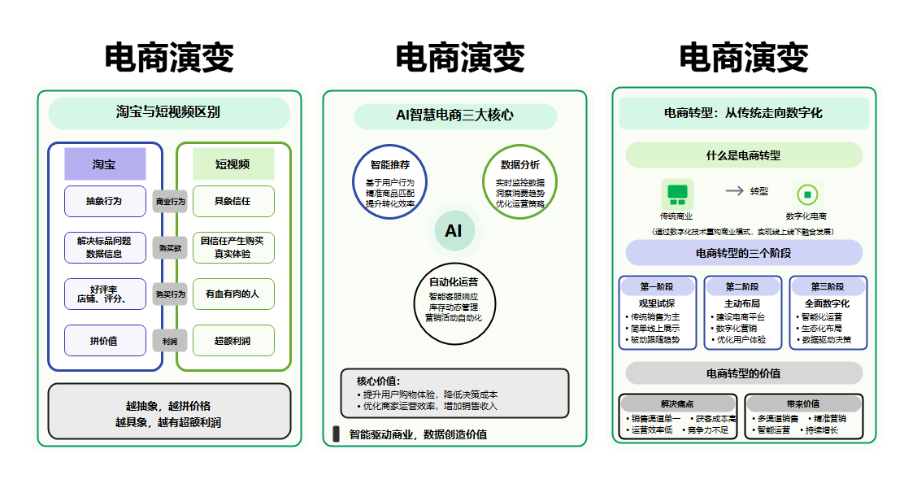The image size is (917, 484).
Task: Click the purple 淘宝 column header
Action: [x=105, y=164]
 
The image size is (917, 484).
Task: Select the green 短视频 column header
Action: [x=233, y=164]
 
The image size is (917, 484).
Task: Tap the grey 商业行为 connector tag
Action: [x=170, y=201]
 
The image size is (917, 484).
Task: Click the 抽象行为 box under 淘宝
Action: [x=105, y=201]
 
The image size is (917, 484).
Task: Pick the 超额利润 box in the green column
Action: [x=233, y=341]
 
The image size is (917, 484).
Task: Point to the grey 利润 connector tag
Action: [x=170, y=342]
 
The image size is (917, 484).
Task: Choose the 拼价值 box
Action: [x=105, y=341]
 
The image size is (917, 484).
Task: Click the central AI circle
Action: [x=454, y=231]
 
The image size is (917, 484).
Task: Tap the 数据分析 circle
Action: [x=519, y=182]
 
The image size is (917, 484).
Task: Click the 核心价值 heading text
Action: [x=379, y=381]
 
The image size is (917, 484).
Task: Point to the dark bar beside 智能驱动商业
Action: [x=336, y=434]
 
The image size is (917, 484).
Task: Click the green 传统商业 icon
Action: [x=676, y=194]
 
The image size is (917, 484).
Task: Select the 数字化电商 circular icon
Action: [x=806, y=194]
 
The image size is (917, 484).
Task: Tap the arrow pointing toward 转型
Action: [x=735, y=190]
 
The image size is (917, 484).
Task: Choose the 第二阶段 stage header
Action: [x=742, y=287]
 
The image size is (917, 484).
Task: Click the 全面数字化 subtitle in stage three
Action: [x=828, y=303]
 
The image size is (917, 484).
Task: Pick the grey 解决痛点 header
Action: [x=678, y=403]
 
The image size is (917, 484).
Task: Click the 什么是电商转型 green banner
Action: [x=743, y=155]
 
